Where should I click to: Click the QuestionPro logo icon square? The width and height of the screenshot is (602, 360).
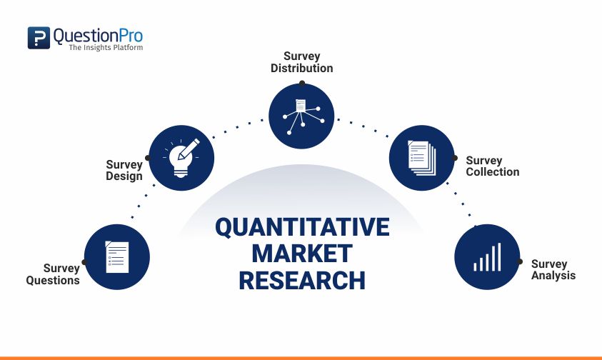39,38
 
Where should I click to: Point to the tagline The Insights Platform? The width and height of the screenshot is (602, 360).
105,48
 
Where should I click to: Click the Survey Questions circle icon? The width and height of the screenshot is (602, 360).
117,256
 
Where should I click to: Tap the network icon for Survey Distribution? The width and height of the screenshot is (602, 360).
301,114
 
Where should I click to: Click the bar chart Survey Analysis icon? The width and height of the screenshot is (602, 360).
487,256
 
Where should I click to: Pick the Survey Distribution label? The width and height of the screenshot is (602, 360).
301,62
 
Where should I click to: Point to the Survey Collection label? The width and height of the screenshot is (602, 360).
492,166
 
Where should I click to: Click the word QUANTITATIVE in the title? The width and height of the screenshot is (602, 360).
302,228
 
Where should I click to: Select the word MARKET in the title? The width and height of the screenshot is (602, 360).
302,254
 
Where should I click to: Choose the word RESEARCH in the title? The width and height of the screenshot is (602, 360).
302,280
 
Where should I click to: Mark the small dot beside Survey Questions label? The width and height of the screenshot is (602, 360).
84,262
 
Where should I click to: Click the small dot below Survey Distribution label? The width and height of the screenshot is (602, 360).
301,82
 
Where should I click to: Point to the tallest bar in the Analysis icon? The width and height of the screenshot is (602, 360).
499,256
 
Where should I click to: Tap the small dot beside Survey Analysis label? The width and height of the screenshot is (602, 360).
521,262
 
